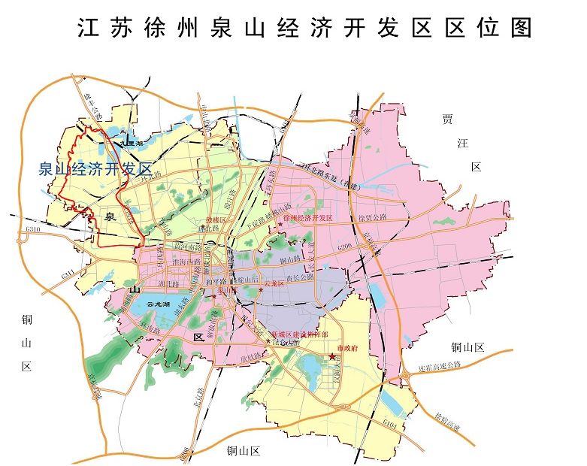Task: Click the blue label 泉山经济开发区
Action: pyautogui.click(x=95, y=169)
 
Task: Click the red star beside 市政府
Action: pyautogui.click(x=332, y=357)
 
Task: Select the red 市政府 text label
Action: pyautogui.click(x=349, y=349)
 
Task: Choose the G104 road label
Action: pyautogui.click(x=389, y=425)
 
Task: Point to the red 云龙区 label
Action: pyautogui.click(x=274, y=284)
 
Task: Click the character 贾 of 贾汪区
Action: pyautogui.click(x=449, y=119)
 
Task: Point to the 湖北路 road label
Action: pyautogui.click(x=168, y=285)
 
